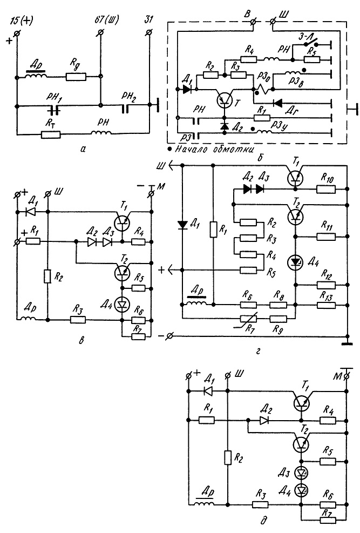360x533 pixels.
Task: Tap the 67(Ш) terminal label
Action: click(x=107, y=21)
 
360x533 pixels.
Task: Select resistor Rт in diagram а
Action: click(x=51, y=136)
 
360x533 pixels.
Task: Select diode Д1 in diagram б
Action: click(x=187, y=90)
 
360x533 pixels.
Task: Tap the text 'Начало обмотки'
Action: click(x=214, y=149)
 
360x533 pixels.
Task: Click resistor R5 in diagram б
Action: click(x=312, y=59)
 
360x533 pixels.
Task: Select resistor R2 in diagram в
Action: click(x=47, y=276)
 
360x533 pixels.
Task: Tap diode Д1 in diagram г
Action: click(x=183, y=225)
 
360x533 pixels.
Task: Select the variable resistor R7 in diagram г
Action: click(x=248, y=319)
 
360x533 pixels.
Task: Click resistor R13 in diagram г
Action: click(x=325, y=305)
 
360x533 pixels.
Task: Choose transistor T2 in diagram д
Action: click(x=301, y=443)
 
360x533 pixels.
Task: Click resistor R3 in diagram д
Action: click(x=261, y=504)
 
